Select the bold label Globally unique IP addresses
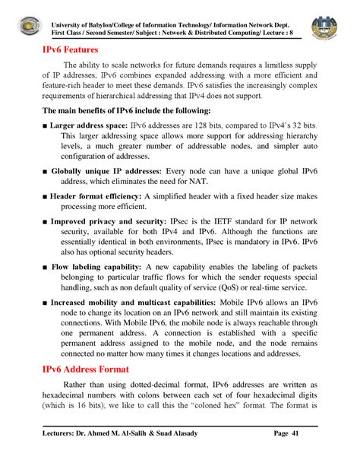tap(106, 172)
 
